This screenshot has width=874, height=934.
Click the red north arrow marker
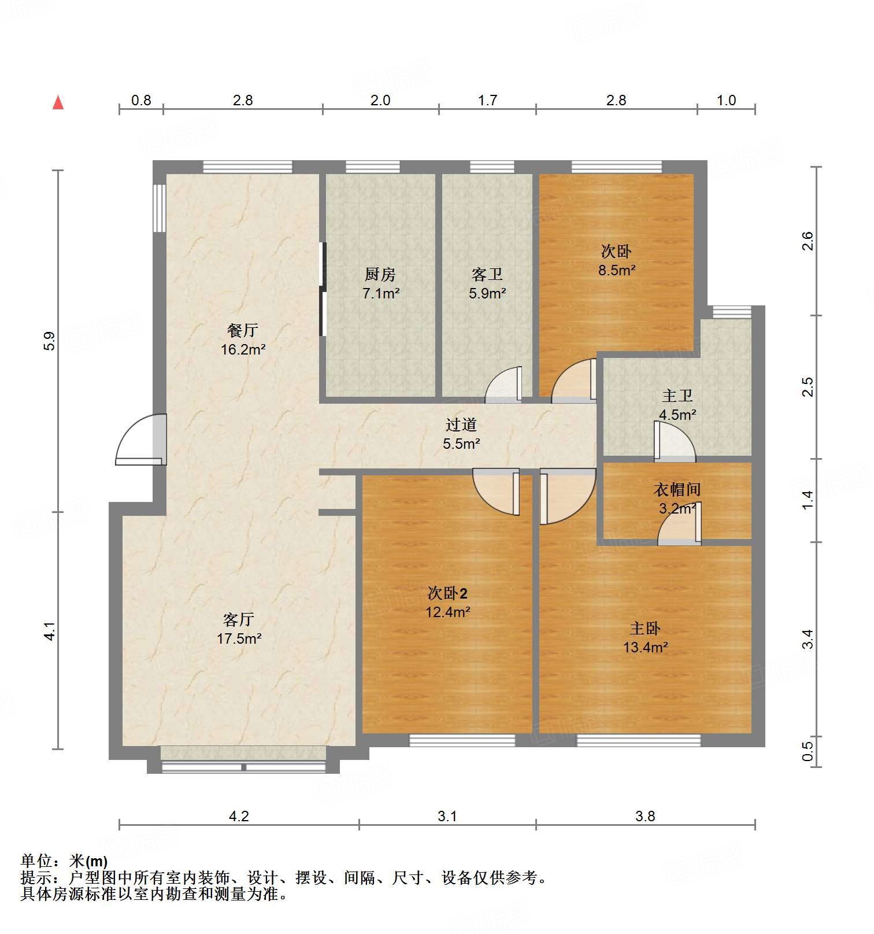coord(58,102)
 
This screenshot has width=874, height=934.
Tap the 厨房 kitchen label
coord(380,274)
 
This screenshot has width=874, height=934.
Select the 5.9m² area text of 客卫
coord(487,294)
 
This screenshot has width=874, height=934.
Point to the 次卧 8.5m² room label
coord(616,252)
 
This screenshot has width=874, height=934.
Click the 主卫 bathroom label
coord(677,396)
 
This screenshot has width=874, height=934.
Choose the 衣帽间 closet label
coord(677,490)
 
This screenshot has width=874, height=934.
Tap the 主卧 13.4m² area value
coord(645,648)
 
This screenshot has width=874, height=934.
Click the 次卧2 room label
coord(447,593)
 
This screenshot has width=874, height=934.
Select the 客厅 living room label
coord(238,620)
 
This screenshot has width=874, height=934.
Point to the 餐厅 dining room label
coord(243,330)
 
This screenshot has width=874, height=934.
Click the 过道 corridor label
coord(461,425)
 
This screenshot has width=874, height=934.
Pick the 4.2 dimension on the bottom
coord(239,816)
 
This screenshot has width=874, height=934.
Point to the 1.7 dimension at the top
coord(487,101)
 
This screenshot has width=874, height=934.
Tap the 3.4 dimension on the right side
coord(808,639)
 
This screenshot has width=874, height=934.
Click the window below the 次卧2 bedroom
coord(462,740)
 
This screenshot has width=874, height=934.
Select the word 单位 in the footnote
coord(36,861)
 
